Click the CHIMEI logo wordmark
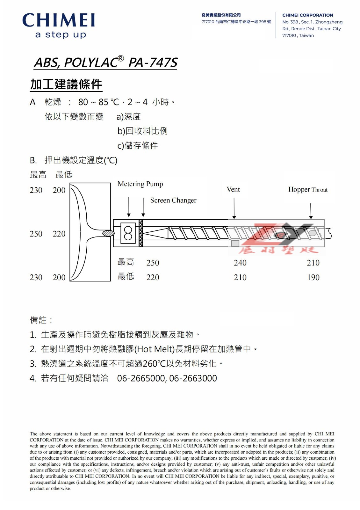pos(59,20)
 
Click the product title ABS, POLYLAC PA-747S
pos(105,62)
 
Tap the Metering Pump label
pos(140,184)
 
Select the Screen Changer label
pos(173,200)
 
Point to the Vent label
pos(233,189)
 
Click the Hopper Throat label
pos(308,190)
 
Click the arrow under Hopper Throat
pos(311,210)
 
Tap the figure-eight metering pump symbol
pos(128,233)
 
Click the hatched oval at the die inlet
pos(108,233)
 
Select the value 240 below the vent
pos(240,263)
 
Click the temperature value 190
pos(313,277)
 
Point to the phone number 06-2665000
pos(141,378)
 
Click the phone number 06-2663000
pos(193,378)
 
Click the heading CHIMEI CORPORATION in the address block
pos(307,15)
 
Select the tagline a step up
pos(61,34)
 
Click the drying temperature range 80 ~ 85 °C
pos(98,102)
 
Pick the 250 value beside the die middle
pos(36,234)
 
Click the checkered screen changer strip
pos(141,233)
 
